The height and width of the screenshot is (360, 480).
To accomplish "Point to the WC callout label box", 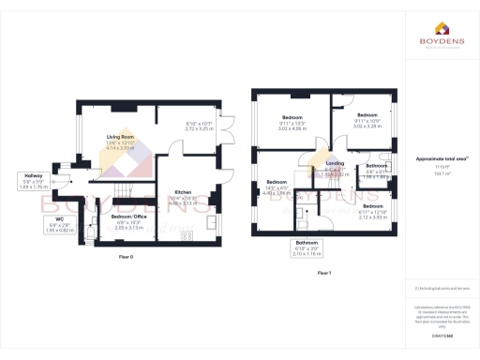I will point(37,226).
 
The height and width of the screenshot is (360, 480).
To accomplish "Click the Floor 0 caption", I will point(126,256).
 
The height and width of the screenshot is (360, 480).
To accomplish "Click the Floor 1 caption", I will point(323,272).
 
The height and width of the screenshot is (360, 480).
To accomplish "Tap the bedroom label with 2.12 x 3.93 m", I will point(374,210).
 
